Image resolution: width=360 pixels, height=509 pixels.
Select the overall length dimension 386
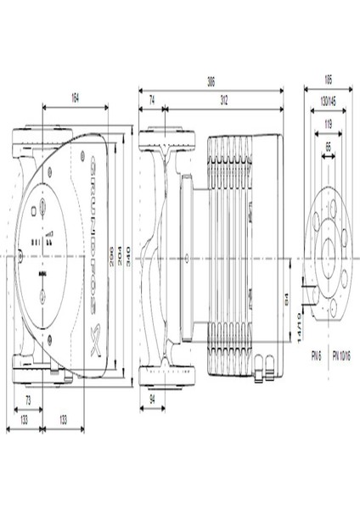tap(211, 83)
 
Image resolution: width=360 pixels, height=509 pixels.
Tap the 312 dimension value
tap(223, 100)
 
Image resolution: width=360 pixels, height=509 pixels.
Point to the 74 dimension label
tap(152, 100)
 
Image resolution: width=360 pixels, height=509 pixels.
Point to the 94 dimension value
tap(153, 399)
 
